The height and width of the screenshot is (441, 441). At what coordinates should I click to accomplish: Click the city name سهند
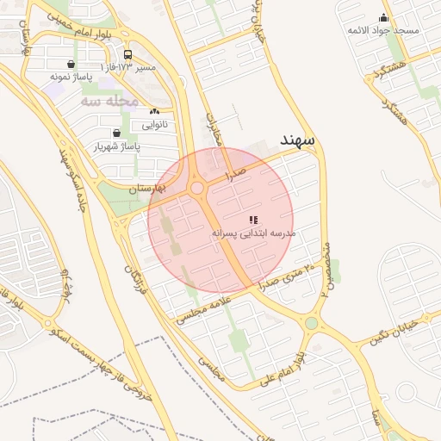tap(297, 140)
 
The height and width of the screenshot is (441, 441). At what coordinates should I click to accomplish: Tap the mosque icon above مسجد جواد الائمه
tap(383, 17)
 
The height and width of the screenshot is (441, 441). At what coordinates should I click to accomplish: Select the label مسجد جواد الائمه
tap(383, 30)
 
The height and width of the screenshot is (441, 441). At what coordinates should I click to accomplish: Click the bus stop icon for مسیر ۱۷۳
tap(127, 53)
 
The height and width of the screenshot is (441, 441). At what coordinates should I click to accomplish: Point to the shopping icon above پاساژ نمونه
tap(70, 64)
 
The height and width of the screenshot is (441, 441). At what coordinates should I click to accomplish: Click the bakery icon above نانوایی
tap(154, 111)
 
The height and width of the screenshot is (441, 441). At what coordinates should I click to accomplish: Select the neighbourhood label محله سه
tap(109, 101)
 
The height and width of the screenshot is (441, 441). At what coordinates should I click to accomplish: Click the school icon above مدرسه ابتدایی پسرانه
tap(253, 220)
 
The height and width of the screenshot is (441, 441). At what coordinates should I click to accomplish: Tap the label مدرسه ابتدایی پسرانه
tap(253, 233)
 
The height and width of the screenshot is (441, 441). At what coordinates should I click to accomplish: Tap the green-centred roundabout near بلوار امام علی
tap(311, 324)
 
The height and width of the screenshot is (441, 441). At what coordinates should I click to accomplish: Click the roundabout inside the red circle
tap(197, 188)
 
